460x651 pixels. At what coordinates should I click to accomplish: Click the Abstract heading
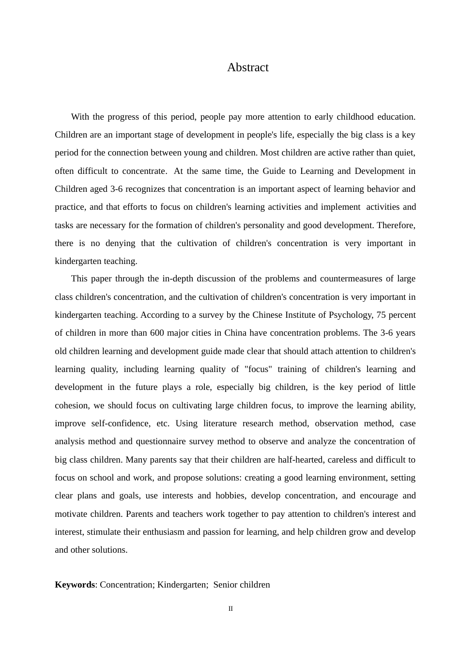coord(247,67)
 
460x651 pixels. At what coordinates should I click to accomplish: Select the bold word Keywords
coord(75,585)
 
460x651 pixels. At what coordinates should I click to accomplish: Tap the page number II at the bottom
coord(230,609)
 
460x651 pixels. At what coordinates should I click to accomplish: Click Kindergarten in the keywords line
coord(182,585)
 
